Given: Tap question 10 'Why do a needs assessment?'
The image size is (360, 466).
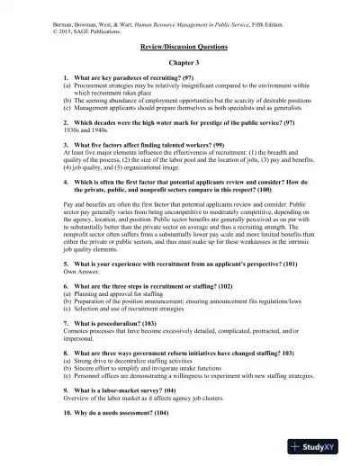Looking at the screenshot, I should [x=130, y=386].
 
